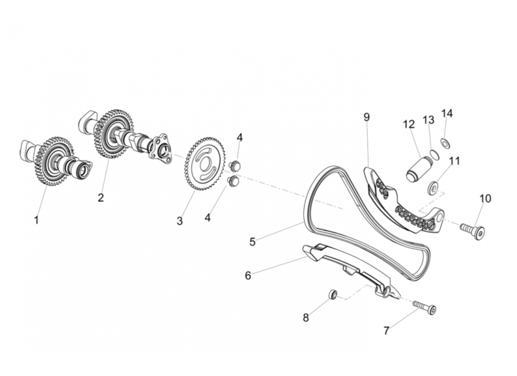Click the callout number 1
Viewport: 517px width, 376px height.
[x=36, y=220]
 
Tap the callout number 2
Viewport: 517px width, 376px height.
[x=101, y=198]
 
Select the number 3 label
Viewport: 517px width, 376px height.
[x=180, y=221]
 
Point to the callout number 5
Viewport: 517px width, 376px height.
[x=252, y=242]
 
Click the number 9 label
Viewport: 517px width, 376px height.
[x=367, y=117]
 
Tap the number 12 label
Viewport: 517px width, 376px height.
[x=409, y=125]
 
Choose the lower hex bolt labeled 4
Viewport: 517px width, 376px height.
[x=233, y=181]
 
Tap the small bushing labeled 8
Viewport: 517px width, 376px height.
[x=333, y=295]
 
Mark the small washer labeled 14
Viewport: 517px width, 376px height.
[x=445, y=142]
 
